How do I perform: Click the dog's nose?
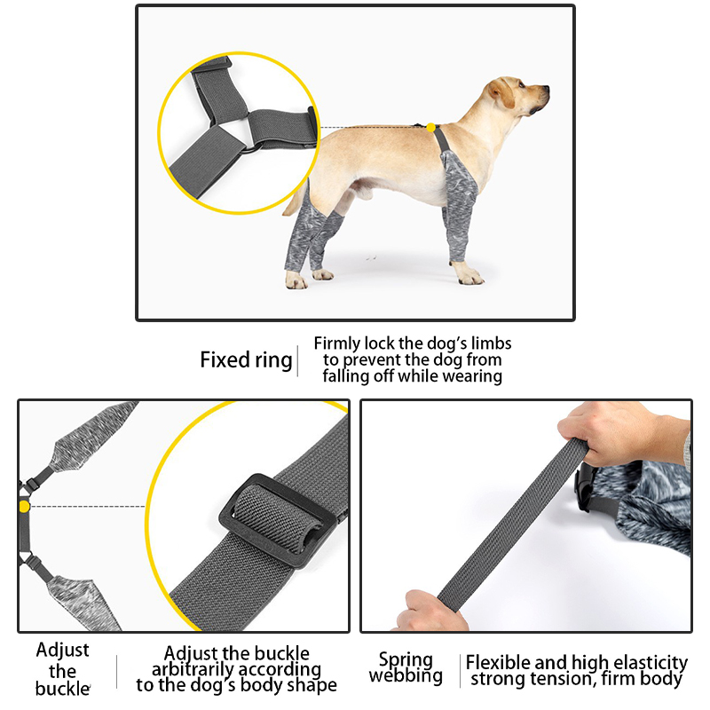pos(546,90)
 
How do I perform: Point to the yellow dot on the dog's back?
pos(430,128)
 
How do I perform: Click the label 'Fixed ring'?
pos(245,360)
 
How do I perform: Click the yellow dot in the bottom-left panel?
pos(24,506)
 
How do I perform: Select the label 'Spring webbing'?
pos(406,668)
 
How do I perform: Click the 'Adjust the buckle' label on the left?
pos(62,669)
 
